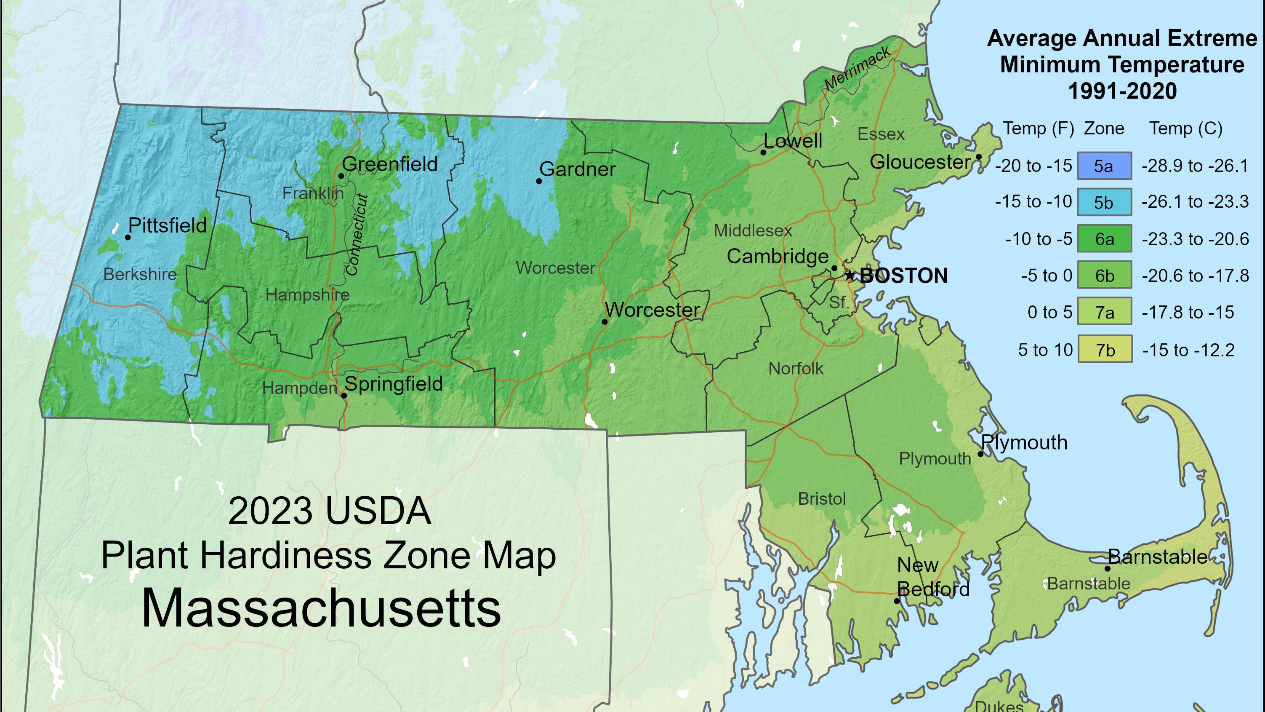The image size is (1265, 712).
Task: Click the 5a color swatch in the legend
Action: click(1105, 166)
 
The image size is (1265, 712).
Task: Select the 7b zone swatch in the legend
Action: click(1105, 349)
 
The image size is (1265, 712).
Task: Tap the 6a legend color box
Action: click(1105, 239)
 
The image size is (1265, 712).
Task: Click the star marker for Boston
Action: click(850, 275)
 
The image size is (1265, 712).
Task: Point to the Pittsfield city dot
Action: click(128, 237)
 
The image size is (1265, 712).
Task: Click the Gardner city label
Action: click(577, 169)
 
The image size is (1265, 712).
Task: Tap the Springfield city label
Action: click(393, 384)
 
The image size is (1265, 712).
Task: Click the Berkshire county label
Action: click(140, 274)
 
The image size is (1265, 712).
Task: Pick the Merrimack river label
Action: click(857, 69)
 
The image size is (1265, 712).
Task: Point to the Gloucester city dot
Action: click(978, 157)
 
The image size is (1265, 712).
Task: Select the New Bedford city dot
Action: click(896, 601)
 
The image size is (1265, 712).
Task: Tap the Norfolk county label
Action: click(796, 368)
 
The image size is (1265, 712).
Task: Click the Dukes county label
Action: click(999, 706)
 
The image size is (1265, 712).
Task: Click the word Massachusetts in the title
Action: click(321, 608)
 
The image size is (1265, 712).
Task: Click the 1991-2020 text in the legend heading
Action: click(1122, 91)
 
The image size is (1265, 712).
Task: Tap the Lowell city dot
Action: click(763, 153)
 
